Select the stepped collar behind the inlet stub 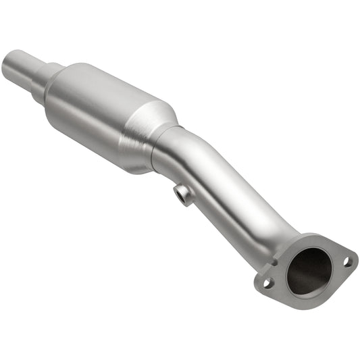(51, 74)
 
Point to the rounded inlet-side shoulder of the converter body (64, 84)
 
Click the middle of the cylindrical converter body (101, 111)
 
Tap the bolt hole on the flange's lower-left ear (267, 283)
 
